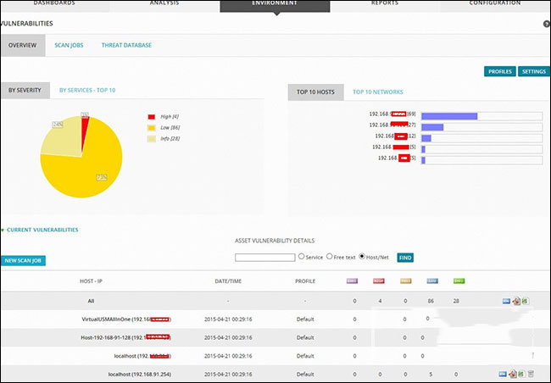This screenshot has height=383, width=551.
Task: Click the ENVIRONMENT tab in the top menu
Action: (x=275, y=4)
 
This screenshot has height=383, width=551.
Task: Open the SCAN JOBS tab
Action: (x=69, y=45)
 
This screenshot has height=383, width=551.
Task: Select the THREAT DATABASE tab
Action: (x=126, y=45)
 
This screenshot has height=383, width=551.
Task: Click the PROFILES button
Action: (x=499, y=72)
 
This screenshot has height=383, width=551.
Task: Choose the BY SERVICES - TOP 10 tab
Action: (x=87, y=90)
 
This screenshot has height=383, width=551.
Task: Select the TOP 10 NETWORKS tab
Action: (x=378, y=92)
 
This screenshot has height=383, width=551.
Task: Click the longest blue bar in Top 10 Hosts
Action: (x=449, y=115)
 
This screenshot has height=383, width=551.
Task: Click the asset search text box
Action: (x=264, y=257)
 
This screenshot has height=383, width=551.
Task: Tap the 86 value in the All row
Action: (x=431, y=300)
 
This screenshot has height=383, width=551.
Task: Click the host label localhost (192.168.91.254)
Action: (x=141, y=374)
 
